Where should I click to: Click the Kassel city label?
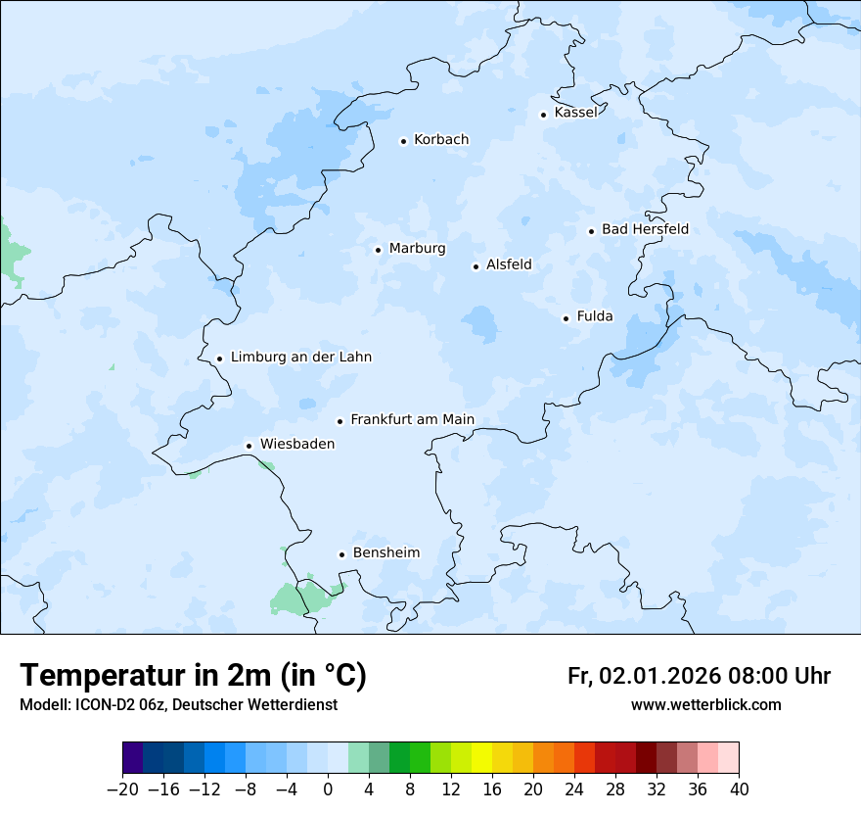coord(575,113)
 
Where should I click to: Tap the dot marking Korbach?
coord(403,141)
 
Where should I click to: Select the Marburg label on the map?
coord(417,249)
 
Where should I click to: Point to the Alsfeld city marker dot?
coord(476,266)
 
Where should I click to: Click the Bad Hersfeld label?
coord(645,229)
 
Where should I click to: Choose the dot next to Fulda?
coord(566,318)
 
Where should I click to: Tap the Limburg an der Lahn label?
coord(300,358)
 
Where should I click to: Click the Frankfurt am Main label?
coord(412,420)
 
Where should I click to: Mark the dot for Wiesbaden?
coord(249,446)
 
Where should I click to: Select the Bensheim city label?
coord(385,553)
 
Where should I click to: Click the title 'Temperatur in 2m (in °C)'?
coord(194,676)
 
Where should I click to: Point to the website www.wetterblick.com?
coord(705,705)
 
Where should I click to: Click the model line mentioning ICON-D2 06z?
coord(178,705)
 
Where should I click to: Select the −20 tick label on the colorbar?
coord(122,789)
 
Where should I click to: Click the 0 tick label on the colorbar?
coord(328,789)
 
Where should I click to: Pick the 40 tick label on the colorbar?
coord(739,789)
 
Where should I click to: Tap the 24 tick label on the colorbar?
coord(574,789)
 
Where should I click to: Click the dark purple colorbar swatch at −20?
coord(133,758)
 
